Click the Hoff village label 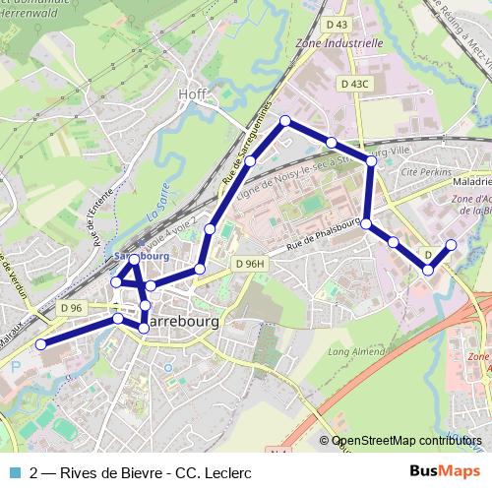[x=192, y=93]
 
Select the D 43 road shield [x=336, y=24]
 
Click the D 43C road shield [x=354, y=85]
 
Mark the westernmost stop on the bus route [x=41, y=343]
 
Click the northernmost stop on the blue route [x=285, y=121]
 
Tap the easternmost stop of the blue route [x=452, y=244]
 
